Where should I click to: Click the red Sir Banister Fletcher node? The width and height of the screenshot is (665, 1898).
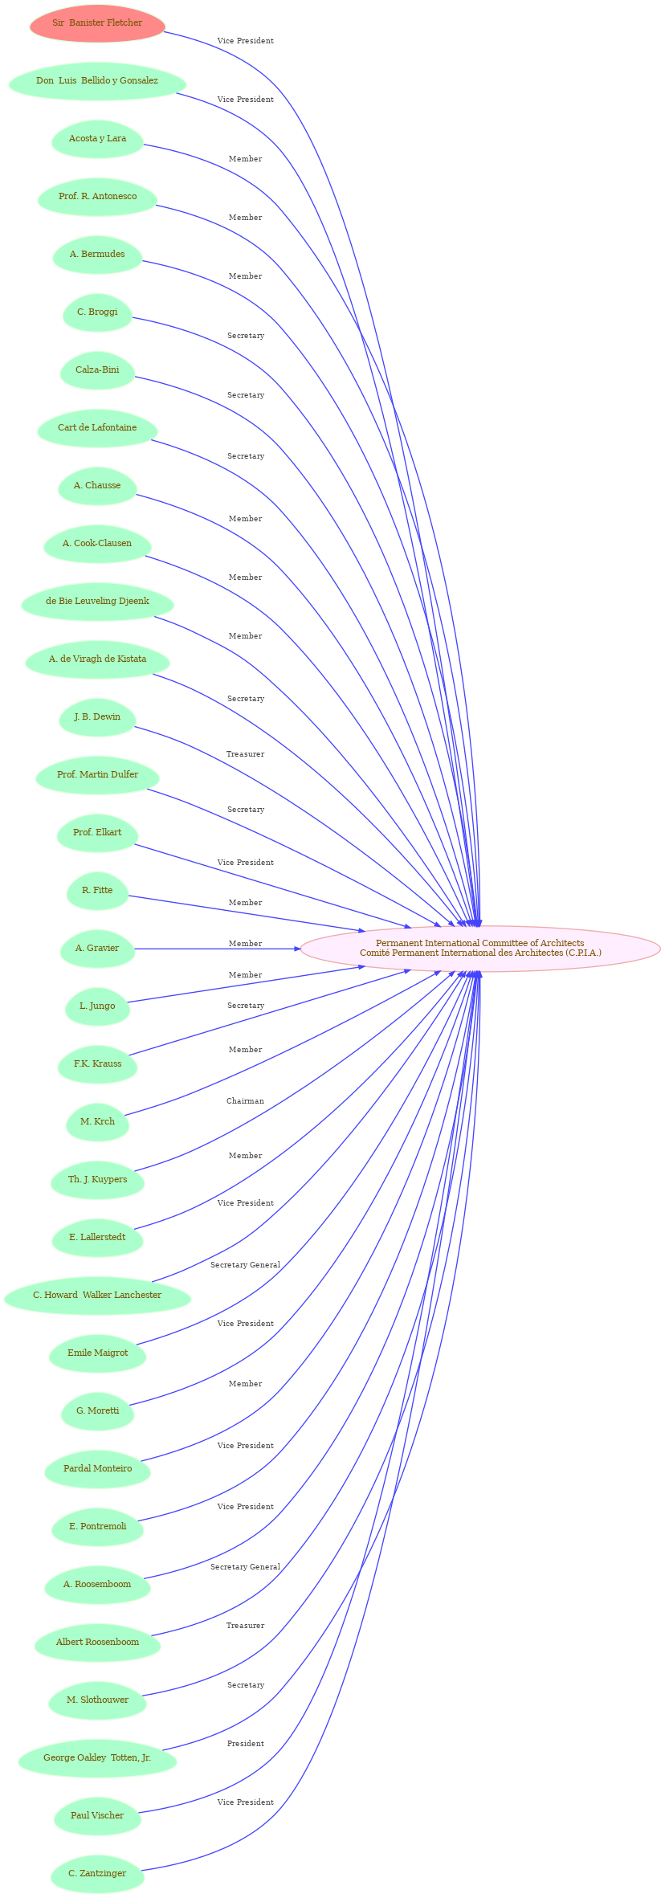(x=97, y=23)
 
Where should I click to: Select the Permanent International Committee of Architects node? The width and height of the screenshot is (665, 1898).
(x=480, y=949)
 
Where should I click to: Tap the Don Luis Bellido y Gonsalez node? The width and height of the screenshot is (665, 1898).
(x=97, y=81)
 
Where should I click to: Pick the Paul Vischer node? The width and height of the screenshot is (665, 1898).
(x=97, y=1816)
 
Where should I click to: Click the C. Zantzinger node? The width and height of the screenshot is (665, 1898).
(x=97, y=1874)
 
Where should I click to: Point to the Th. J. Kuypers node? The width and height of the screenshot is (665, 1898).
(x=97, y=1180)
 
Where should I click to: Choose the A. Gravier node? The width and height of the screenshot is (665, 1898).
(x=97, y=949)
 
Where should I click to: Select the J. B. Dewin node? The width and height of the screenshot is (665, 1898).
(x=97, y=717)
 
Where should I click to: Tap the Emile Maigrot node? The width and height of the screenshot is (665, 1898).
(x=97, y=1353)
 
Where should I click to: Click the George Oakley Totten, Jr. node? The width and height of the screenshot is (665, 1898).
(x=97, y=1758)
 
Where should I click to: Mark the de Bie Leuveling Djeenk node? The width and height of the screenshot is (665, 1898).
(x=97, y=602)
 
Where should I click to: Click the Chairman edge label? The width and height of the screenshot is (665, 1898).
(x=245, y=1101)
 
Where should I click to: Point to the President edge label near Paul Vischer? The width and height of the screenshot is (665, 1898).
(x=245, y=1744)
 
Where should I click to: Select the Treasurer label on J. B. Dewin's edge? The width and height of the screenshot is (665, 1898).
(x=245, y=754)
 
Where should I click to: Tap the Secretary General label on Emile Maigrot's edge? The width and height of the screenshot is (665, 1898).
(x=245, y=1265)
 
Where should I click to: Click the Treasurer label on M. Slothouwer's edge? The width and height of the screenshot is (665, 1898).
(x=245, y=1626)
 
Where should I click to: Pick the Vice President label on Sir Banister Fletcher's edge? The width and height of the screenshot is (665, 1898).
(x=245, y=41)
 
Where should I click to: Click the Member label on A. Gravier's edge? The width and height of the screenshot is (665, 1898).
(x=245, y=944)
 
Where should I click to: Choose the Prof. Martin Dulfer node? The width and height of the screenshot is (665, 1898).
(x=97, y=775)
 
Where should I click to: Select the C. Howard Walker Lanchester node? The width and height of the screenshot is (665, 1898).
(x=97, y=1296)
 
